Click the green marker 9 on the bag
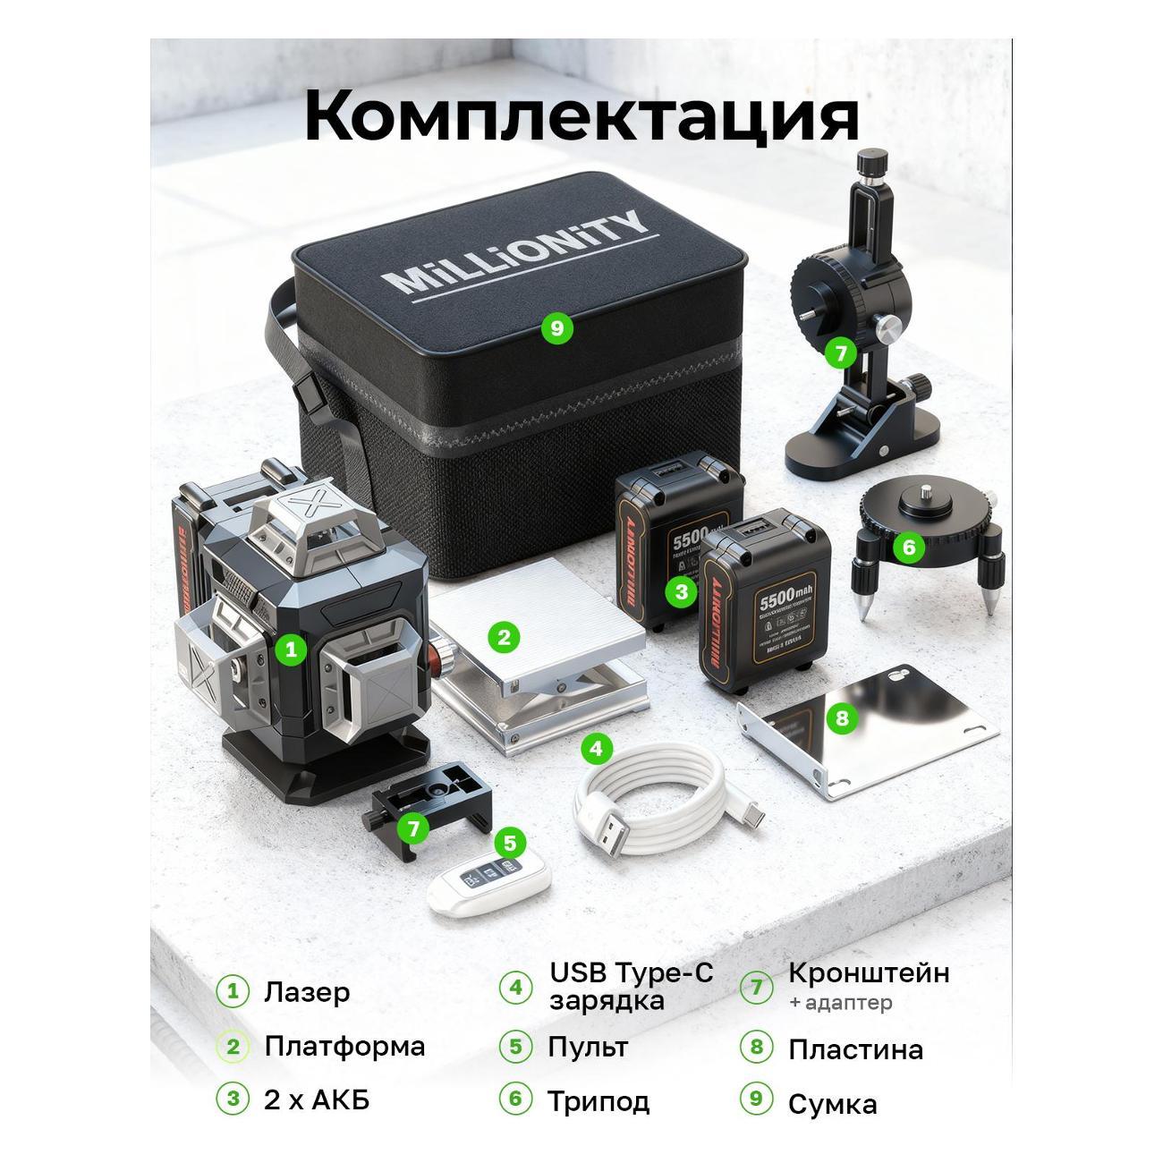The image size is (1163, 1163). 556,327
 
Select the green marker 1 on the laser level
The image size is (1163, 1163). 290,650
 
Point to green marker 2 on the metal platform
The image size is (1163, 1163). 504,637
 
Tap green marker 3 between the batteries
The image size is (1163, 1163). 682,590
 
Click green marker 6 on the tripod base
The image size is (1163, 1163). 908,546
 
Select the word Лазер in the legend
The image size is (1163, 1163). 307,992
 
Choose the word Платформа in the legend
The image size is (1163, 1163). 344,1046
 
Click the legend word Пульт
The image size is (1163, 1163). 588,1047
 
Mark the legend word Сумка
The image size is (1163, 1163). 832,1104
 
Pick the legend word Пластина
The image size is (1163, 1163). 855,1049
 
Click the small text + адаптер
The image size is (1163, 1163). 840,1003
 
